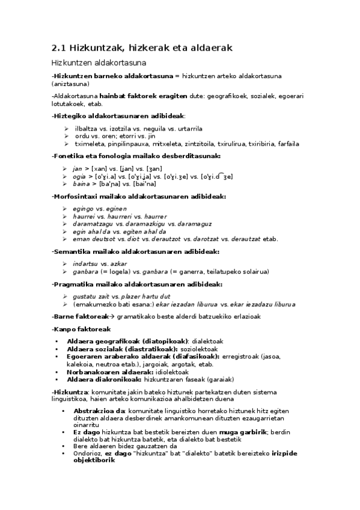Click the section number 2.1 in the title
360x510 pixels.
[x=59, y=47]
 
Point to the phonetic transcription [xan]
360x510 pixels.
[x=100, y=169]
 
